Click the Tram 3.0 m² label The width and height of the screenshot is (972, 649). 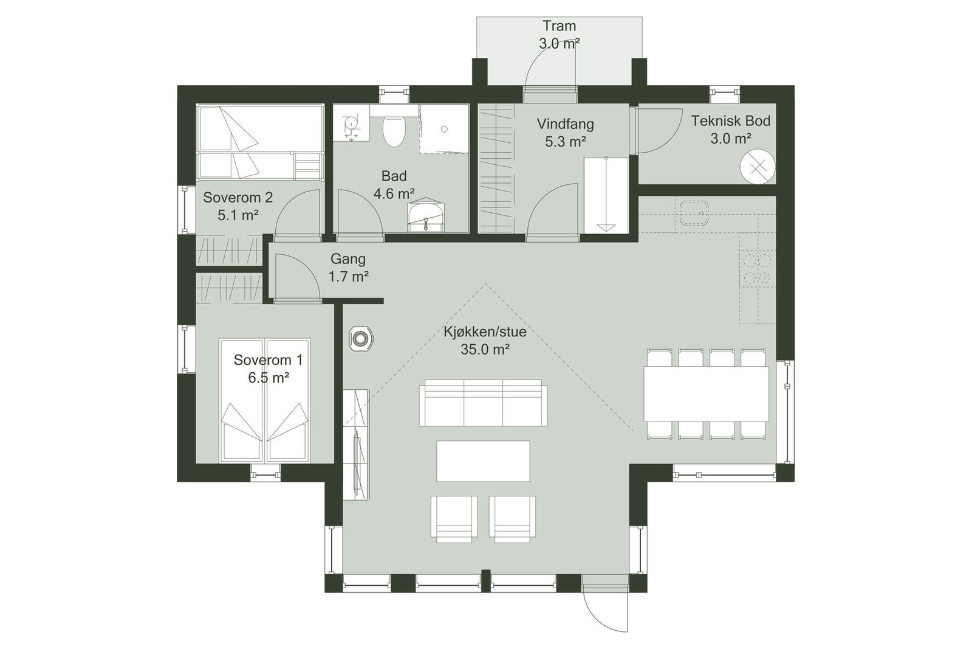pyautogui.click(x=559, y=35)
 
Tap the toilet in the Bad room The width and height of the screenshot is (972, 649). pyautogui.click(x=394, y=131)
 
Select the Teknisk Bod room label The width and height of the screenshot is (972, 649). pyautogui.click(x=730, y=129)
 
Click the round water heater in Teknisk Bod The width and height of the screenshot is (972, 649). pyautogui.click(x=757, y=166)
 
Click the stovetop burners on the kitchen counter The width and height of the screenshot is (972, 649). pyautogui.click(x=757, y=269)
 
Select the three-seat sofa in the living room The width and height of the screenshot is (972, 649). pyautogui.click(x=482, y=403)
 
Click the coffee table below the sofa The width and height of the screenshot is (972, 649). pyautogui.click(x=483, y=461)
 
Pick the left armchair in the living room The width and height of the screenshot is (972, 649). pyautogui.click(x=453, y=518)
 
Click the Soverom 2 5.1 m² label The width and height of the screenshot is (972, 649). pyautogui.click(x=238, y=206)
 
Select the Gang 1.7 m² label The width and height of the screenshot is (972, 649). pyautogui.click(x=348, y=268)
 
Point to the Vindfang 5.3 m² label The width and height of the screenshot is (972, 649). pyautogui.click(x=565, y=133)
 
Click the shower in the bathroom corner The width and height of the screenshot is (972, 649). pyautogui.click(x=444, y=129)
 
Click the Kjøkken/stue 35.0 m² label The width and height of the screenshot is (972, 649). pyautogui.click(x=484, y=340)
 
